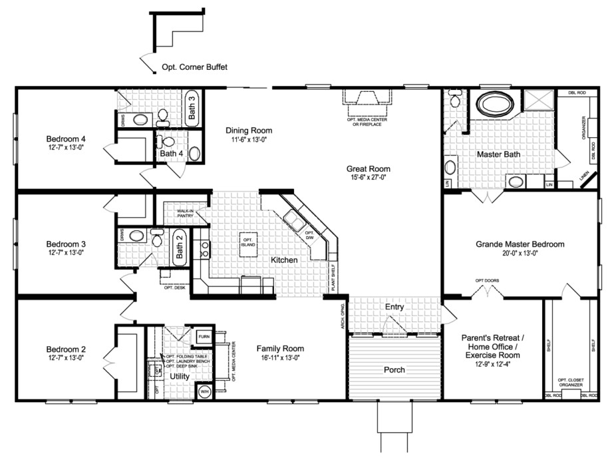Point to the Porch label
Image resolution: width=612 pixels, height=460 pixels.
pyautogui.click(x=394, y=369)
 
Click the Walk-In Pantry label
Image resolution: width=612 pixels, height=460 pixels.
pyautogui.click(x=184, y=213)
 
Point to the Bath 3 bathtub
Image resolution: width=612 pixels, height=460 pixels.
pyautogui.click(x=191, y=107)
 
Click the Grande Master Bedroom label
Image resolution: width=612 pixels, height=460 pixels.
pyautogui.click(x=520, y=244)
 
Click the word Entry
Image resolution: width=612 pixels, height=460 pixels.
pyautogui.click(x=394, y=307)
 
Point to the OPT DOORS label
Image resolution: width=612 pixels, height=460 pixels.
pyautogui.click(x=486, y=280)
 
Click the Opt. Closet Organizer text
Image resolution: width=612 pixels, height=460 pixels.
pyautogui.click(x=570, y=382)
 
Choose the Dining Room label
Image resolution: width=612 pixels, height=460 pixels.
pyautogui.click(x=249, y=130)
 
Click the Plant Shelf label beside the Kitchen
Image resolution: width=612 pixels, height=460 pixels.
pyautogui.click(x=333, y=278)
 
